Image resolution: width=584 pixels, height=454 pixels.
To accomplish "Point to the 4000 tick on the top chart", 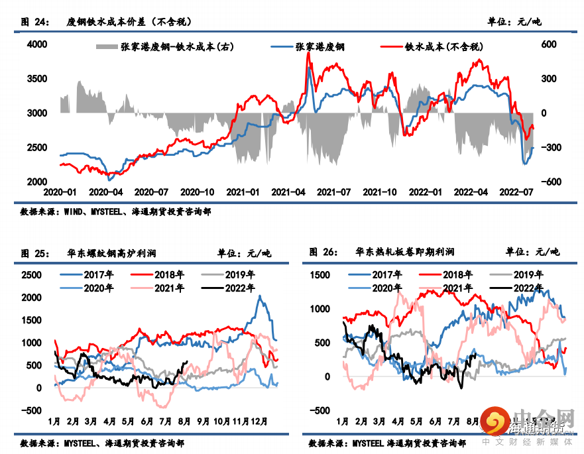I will [x=36, y=44].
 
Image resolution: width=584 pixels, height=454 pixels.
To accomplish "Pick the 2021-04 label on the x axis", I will [x=289, y=192].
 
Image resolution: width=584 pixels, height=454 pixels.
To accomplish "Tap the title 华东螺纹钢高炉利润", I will [x=112, y=253].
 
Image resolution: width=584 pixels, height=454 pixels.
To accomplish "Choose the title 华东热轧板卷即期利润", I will [x=404, y=253].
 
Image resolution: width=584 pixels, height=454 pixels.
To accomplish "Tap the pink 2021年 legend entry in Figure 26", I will [x=457, y=288].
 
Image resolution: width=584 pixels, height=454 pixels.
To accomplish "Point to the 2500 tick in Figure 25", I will [x=32, y=275].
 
